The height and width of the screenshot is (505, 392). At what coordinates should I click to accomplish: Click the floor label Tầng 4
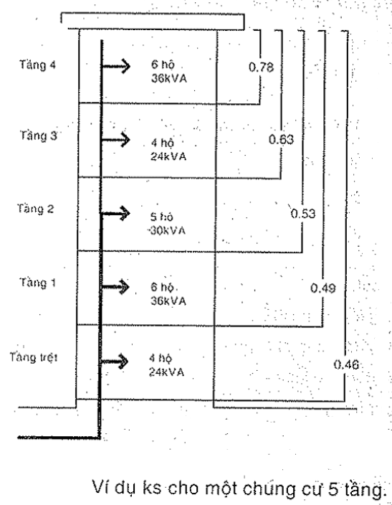click(x=37, y=65)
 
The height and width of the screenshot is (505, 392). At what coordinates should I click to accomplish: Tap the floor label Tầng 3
click(x=39, y=136)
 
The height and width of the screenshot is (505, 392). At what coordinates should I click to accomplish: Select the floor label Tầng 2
click(x=36, y=209)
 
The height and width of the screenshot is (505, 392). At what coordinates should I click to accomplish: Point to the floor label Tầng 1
click(x=38, y=283)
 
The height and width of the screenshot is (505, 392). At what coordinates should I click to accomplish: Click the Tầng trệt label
click(x=34, y=357)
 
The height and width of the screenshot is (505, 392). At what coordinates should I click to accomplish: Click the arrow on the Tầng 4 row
click(x=116, y=66)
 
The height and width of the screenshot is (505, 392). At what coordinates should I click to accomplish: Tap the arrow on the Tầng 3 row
click(x=116, y=140)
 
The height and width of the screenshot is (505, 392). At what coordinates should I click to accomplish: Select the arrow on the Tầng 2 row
click(x=116, y=213)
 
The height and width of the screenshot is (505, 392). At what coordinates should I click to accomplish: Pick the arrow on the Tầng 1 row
click(x=115, y=287)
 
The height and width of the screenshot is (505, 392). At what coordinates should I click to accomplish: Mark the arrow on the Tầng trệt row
click(x=114, y=361)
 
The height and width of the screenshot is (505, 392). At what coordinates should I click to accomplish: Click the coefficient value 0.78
click(x=261, y=67)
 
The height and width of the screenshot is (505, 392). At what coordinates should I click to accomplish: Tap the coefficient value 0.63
click(x=282, y=139)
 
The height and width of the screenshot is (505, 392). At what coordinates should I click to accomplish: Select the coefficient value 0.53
click(x=303, y=214)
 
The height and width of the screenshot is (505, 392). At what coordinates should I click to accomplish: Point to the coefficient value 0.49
click(x=322, y=288)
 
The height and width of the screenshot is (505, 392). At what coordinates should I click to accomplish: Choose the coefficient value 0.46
click(x=346, y=364)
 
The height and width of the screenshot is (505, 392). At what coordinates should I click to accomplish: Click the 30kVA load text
click(x=168, y=230)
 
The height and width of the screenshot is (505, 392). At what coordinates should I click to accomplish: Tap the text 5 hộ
click(x=161, y=217)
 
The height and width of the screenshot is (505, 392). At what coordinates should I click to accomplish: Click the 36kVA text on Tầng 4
click(x=169, y=79)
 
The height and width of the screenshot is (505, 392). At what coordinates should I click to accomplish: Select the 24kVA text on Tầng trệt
click(x=166, y=372)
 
